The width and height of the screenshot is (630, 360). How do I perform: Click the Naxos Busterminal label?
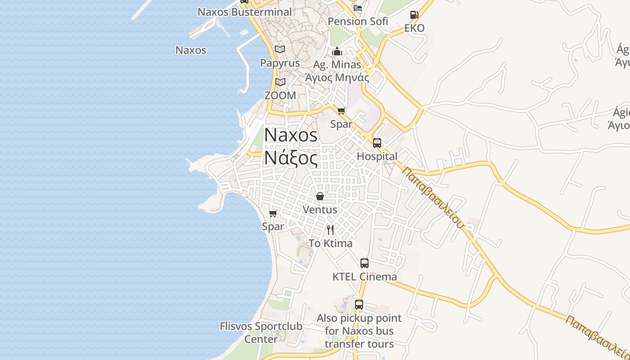[x=245, y=12]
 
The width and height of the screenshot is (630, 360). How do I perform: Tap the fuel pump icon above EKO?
[x=414, y=15]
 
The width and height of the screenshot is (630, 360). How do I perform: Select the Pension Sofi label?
[x=358, y=21]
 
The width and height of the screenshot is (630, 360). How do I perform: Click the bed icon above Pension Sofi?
[x=358, y=8]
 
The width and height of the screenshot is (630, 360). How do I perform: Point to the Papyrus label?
[x=280, y=63]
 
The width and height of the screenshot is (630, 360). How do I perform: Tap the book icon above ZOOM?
[x=280, y=82]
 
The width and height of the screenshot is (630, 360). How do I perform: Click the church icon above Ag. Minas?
[x=337, y=52]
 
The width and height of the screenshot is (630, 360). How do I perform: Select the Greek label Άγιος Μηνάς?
[x=337, y=77]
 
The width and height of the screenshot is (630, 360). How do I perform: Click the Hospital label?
[x=377, y=157]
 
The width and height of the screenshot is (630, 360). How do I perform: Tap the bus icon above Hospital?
[x=377, y=143]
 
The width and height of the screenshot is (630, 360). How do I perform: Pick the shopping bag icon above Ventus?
[x=320, y=196]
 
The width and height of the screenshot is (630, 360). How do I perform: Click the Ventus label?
[x=320, y=210]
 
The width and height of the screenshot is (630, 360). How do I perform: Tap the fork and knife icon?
[x=330, y=230]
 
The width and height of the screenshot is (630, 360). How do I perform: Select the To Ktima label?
[x=330, y=243]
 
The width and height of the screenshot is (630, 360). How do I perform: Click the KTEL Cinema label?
[x=364, y=277]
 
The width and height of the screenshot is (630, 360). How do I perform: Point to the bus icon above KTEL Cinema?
[x=364, y=263]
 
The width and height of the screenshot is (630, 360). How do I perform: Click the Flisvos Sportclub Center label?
[x=261, y=332]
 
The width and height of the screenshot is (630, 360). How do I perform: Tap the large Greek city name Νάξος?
[x=291, y=157]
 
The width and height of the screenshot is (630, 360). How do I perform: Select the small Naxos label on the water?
[x=191, y=50]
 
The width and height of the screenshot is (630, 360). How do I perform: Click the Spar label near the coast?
[x=273, y=226]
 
